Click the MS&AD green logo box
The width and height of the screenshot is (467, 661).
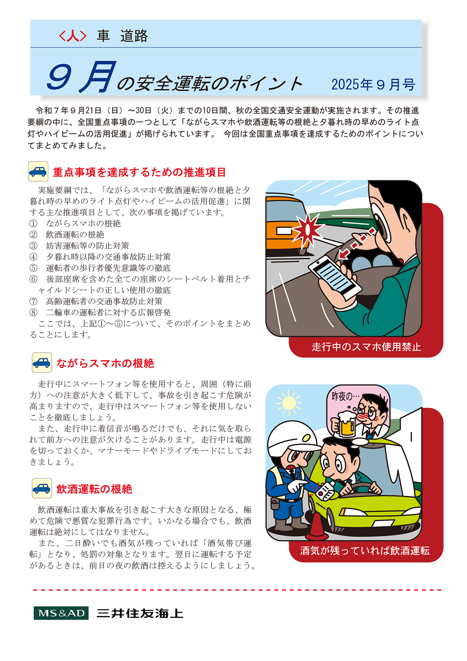click(61, 613)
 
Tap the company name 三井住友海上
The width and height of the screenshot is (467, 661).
click(140, 613)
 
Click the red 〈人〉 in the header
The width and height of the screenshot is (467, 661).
click(73, 36)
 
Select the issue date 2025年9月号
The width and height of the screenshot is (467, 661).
click(373, 85)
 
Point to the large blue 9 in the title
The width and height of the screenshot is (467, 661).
click(59, 78)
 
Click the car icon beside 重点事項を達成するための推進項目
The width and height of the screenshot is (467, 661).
click(38, 172)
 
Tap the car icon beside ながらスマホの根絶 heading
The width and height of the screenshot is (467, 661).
click(42, 363)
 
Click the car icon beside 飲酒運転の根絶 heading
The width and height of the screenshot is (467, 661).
click(42, 488)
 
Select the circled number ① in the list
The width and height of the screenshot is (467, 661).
click(33, 224)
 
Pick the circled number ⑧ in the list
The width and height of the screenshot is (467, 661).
click(33, 313)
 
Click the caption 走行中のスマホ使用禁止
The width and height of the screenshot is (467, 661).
click(366, 347)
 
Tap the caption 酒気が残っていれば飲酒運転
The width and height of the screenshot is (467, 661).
click(365, 551)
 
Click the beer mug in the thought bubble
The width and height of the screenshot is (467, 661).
click(344, 424)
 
